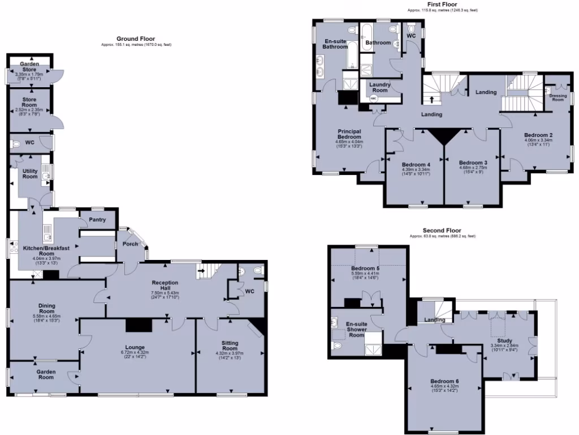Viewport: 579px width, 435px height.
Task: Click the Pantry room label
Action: (x=98, y=220)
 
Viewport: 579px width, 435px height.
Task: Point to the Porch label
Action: (x=130, y=244)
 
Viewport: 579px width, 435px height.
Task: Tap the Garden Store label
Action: (x=29, y=67)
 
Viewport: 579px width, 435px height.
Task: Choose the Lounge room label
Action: (x=136, y=347)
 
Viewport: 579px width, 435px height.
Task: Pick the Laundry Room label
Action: (x=379, y=87)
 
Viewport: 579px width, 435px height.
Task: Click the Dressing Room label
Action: (x=558, y=97)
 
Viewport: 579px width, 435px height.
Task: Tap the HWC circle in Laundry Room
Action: (x=373, y=99)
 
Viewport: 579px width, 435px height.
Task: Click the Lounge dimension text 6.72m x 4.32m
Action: (x=136, y=353)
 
